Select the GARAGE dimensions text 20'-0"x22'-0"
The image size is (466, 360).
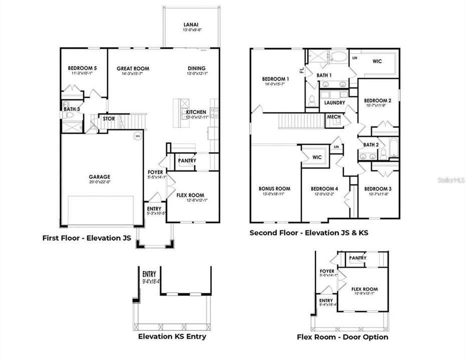point(100,182)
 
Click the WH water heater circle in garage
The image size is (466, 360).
point(137,135)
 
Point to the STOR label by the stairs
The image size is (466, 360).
point(109,119)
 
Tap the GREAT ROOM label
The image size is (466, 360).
point(133,68)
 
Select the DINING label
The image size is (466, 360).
point(196,68)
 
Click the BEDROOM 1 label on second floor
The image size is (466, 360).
point(275,79)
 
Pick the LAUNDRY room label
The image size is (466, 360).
point(334,102)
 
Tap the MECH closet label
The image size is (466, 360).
point(334,117)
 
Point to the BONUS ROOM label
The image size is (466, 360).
point(274,188)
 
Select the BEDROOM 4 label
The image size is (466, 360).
point(324,188)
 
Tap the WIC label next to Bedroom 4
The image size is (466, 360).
point(317,157)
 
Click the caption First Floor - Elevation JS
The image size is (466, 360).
point(87,238)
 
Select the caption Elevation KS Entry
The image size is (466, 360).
point(172,336)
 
